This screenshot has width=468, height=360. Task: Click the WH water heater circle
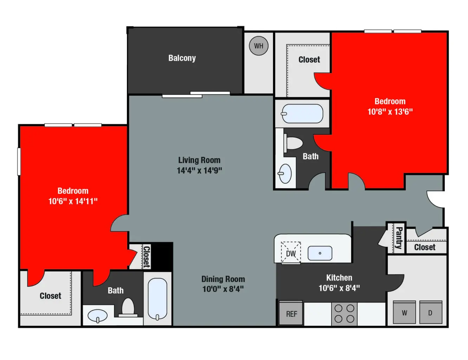tap(259, 46)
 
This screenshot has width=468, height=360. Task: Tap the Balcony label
tap(182, 58)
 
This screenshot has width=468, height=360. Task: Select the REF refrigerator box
tap(291, 314)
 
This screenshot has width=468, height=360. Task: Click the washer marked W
tap(404, 313)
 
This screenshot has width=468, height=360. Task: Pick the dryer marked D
tap(430, 313)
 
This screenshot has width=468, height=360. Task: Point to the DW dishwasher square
tap(291, 253)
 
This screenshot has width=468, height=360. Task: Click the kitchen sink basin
tap(320, 253)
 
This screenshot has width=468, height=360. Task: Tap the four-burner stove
tap(344, 314)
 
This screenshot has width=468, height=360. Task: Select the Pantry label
tap(399, 238)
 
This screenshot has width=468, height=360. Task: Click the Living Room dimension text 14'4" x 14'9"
tap(199, 171)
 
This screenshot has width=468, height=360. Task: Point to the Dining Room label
tap(223, 279)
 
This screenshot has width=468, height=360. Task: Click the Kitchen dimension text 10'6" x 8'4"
tap(339, 288)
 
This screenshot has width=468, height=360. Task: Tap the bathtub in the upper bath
tap(302, 114)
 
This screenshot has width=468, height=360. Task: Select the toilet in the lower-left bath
tap(128, 307)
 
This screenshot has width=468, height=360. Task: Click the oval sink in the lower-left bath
tap(98, 315)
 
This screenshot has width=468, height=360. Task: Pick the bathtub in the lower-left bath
tap(157, 298)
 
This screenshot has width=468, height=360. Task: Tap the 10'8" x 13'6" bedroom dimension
tap(390, 112)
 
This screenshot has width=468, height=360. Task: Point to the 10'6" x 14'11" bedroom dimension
tap(73, 201)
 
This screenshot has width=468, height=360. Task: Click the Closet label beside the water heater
tap(309, 60)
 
